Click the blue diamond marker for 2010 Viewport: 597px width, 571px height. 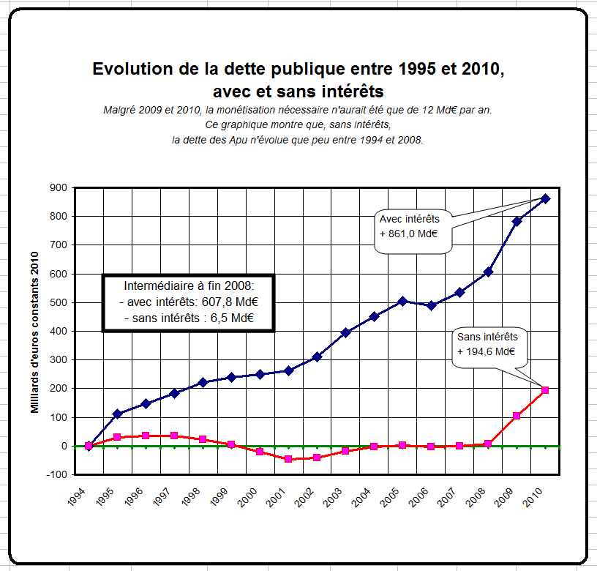545,198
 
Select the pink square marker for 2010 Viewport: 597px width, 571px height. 545,390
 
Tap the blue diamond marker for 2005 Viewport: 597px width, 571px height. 402,301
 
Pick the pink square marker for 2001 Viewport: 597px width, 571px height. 288,459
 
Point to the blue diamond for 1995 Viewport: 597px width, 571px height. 117,414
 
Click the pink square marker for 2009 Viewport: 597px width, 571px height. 517,416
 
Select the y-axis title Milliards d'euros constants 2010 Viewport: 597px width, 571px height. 34,331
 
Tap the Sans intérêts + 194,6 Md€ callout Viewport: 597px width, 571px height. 487,344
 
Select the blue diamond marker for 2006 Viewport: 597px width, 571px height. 431,305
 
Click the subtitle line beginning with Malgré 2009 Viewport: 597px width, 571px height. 298,110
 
